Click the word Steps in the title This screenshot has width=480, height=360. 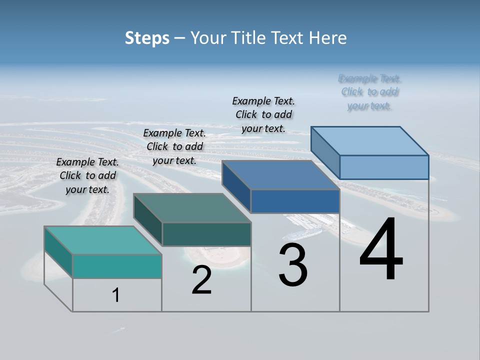point(147,38)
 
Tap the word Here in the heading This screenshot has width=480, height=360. point(327,38)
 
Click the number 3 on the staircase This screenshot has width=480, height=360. point(293,265)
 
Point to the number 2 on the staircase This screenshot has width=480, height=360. point(201,280)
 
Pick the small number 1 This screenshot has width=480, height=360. point(116,295)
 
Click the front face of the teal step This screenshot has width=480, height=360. point(117,266)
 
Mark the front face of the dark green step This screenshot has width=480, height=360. point(206,234)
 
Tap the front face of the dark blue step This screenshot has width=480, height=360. point(295,201)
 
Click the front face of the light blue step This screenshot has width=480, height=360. point(384,167)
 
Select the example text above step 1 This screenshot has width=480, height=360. point(87,175)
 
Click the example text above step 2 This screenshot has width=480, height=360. point(174,146)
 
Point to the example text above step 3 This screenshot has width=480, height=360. point(263,114)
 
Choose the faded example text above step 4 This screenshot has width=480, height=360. point(369,92)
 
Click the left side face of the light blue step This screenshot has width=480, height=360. point(325,152)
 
